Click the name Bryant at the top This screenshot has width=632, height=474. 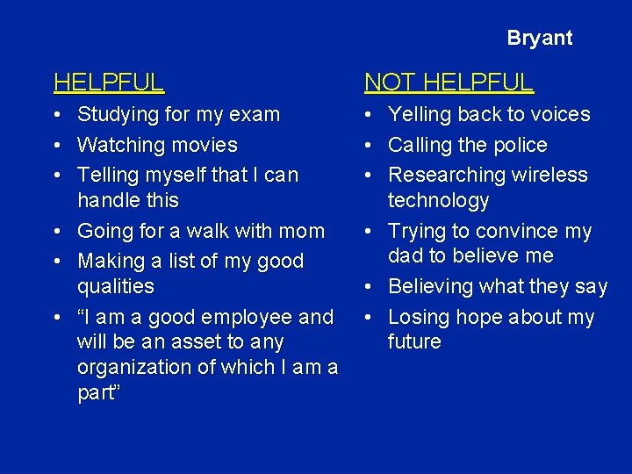point(539,38)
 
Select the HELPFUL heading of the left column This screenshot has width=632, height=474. point(109,83)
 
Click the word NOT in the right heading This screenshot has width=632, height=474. point(390,83)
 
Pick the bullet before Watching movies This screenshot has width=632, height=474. point(55,145)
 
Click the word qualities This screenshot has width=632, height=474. point(115,287)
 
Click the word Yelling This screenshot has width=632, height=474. point(420,115)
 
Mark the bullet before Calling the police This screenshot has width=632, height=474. point(368,145)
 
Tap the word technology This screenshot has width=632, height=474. point(438,200)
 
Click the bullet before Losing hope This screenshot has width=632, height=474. point(368,317)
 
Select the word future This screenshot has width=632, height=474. point(414,342)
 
